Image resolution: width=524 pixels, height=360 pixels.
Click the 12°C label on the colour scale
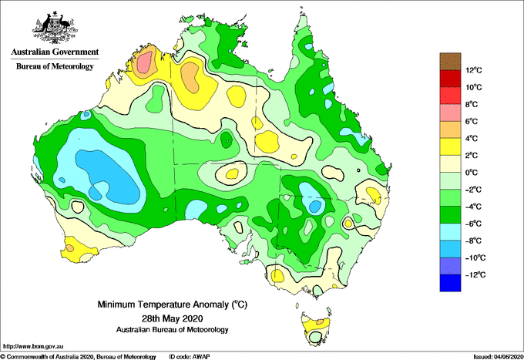pos(474,70)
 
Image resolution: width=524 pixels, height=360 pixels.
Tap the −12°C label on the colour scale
pos(475,274)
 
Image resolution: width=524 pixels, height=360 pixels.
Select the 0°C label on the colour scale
pos(472,173)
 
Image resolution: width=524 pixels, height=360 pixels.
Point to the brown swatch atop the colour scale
pos(450,62)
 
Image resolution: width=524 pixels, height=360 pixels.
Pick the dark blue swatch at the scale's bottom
pos(450,283)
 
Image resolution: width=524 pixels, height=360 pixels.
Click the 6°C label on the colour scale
pos(472,121)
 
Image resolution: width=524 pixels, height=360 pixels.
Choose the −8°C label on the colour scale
pos(473,241)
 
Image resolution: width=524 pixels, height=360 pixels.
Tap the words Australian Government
pos(55,52)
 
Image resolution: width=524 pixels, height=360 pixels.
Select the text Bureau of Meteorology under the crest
pos(55,66)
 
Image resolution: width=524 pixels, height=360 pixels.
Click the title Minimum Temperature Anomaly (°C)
pos(172,304)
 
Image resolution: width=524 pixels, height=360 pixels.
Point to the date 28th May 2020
pos(172,318)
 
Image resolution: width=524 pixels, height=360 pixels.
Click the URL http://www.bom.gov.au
pos(32,347)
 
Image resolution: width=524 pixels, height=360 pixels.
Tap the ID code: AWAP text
pos(190,357)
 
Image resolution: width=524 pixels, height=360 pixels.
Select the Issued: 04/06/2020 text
pos(498,357)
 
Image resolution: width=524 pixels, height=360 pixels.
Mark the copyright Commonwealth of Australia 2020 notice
pos(78,357)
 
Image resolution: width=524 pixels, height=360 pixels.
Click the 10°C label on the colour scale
pos(474,87)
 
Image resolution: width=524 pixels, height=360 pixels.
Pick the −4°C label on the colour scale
pos(473,207)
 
